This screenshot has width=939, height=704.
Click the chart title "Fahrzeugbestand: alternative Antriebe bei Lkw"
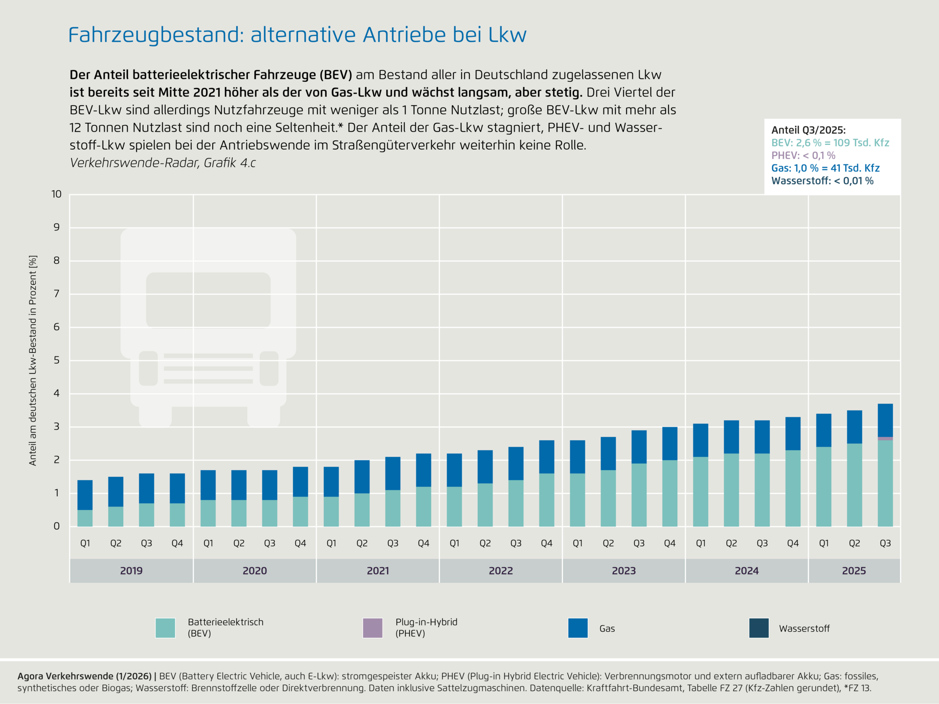297,35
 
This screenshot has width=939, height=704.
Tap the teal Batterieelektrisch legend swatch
165,628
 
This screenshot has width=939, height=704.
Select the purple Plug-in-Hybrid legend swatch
373,628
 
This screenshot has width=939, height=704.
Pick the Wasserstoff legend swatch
759,628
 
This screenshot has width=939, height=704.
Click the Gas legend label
607,629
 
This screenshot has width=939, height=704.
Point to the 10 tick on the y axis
57,194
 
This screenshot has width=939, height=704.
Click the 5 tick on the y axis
57,360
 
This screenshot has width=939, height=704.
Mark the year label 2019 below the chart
132,570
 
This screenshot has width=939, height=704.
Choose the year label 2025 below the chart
854,570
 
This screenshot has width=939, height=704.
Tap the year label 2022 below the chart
501,570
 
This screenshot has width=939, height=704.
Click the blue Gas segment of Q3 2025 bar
885,420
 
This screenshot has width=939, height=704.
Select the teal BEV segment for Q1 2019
85,518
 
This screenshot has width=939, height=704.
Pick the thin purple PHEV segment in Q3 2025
885,438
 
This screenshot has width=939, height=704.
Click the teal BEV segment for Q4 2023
670,493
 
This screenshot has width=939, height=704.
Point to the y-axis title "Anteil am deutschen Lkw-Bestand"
33,360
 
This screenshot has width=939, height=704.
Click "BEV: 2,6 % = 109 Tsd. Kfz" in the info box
830,143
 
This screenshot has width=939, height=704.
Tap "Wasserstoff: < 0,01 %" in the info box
822,181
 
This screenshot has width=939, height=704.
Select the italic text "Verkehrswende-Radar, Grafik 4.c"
163,163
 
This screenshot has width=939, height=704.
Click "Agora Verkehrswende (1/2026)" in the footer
85,676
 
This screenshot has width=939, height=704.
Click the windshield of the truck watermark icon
208,299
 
